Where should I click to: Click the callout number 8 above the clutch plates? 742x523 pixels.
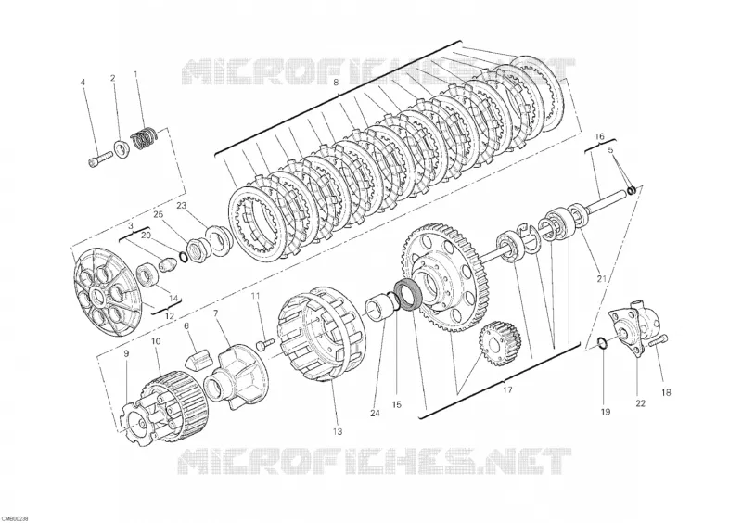pos(336,83)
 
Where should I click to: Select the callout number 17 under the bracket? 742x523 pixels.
pos(507,390)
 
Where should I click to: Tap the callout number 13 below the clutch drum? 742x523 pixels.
pos(337,431)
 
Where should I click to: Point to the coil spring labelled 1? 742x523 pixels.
pos(144,138)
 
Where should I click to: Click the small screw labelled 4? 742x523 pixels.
pos(100,158)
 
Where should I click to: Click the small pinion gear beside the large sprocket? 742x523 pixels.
pos(500,345)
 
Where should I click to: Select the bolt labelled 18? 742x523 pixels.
pos(659,341)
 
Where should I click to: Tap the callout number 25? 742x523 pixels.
pos(159,215)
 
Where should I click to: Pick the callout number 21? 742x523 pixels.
pos(601,279)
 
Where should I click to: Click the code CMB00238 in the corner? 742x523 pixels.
pos(15,519)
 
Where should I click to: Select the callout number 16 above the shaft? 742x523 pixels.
pos(599,137)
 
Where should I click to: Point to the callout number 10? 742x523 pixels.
pos(156,340)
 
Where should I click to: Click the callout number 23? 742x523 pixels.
pos(182,206)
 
